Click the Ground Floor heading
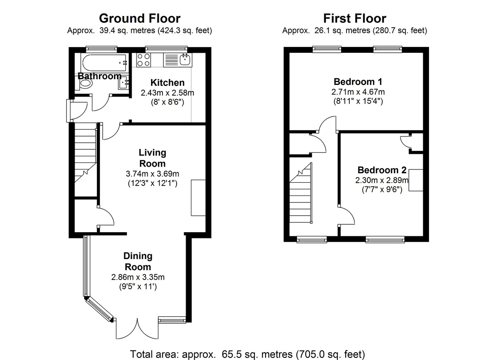click(139, 19)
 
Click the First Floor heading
click(354, 19)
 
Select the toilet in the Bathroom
click(85, 84)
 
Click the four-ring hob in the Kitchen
click(144, 60)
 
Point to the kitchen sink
click(186, 60)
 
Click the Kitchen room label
click(167, 82)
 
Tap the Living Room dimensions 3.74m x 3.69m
click(152, 174)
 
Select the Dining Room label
click(139, 261)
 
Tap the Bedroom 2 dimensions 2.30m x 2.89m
click(382, 180)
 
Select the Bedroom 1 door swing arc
click(330, 124)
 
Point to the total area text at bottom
click(247, 354)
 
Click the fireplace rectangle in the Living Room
click(198, 198)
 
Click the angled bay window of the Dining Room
click(99, 309)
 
